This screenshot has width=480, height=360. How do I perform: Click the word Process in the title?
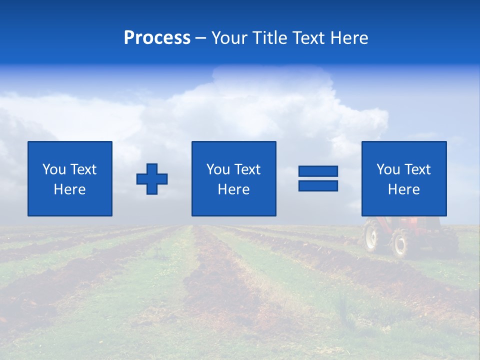pyautogui.click(x=157, y=38)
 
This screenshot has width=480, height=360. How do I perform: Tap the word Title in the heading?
pyautogui.click(x=271, y=38)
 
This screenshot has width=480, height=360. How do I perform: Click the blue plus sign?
pyautogui.click(x=152, y=178)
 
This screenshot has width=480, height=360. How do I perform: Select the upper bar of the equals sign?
pyautogui.click(x=318, y=171)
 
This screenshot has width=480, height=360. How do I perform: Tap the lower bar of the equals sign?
pyautogui.click(x=318, y=185)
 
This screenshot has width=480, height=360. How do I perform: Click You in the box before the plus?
pyautogui.click(x=54, y=169)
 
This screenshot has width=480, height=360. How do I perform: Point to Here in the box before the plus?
pyautogui.click(x=69, y=189)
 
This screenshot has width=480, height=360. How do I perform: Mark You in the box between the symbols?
pyautogui.click(x=218, y=169)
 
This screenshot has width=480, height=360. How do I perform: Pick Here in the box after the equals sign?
pyautogui.click(x=403, y=189)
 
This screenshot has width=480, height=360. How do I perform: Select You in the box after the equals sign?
pyautogui.click(x=388, y=169)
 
